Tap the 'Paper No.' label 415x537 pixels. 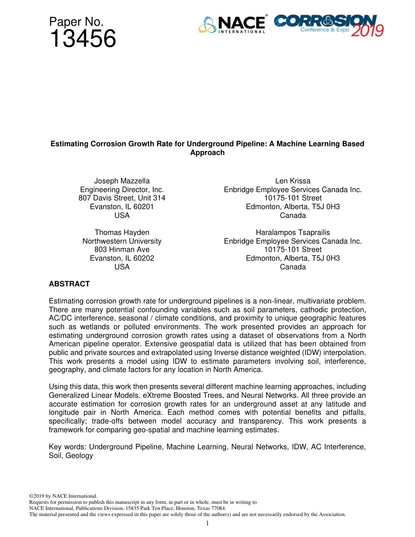pos(76,22)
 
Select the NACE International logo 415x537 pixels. pos(232,25)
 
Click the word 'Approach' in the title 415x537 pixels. pos(207,152)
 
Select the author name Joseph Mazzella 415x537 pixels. pos(122,181)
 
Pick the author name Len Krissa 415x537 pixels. pos(293,181)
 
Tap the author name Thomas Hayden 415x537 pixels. pos(122,232)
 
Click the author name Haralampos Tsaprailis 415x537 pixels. pos(293,232)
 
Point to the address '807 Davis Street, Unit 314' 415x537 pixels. pos(122,198)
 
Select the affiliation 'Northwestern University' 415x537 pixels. pos(122,241)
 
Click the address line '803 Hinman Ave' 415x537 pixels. pos(122,249)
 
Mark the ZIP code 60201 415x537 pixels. pos(143,207)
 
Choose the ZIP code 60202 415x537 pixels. pos(143,258)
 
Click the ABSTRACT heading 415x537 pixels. pos(69,284)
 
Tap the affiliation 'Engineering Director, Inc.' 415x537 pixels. pos(122,189)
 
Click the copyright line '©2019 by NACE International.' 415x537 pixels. pos(63,496)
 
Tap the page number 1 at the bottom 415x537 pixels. pos(207,523)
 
